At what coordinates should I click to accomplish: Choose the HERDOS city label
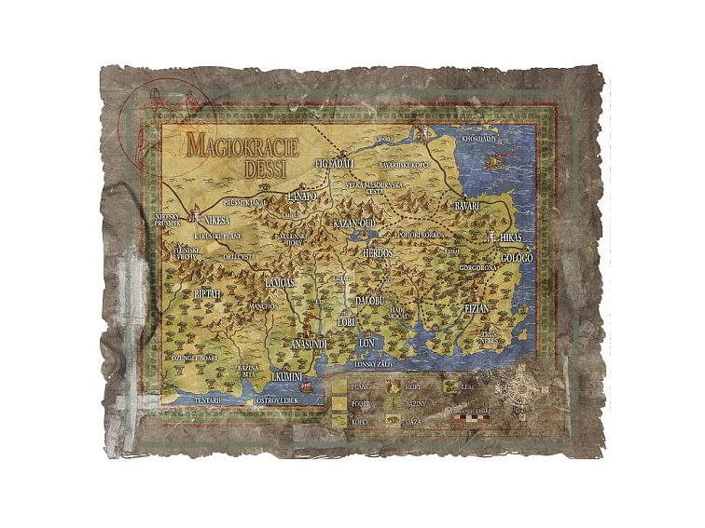[379, 253]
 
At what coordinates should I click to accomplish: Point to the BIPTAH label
[208, 293]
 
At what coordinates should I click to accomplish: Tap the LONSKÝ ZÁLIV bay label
[376, 364]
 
